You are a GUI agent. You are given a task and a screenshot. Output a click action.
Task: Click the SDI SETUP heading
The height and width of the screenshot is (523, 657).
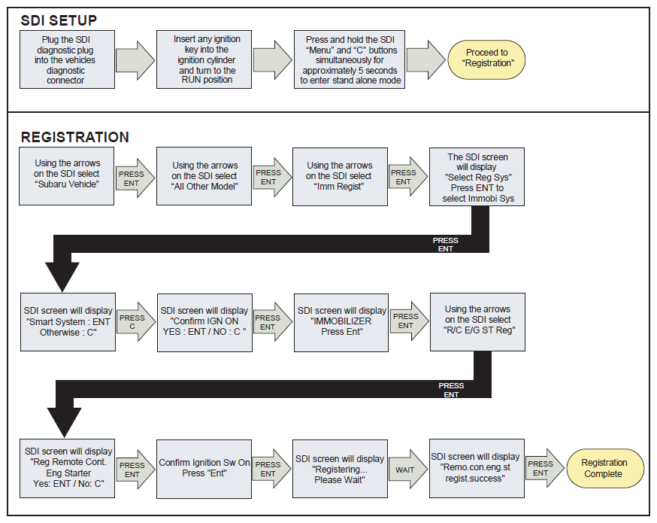(x=59, y=20)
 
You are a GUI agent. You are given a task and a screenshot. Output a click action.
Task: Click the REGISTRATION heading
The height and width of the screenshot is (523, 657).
(x=75, y=137)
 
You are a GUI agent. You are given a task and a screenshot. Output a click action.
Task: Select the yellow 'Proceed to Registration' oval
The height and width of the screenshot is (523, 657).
(x=486, y=59)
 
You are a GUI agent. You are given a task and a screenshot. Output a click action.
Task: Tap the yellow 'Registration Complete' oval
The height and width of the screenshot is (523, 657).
(x=605, y=469)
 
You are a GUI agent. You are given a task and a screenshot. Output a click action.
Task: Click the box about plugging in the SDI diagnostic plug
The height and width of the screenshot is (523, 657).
(x=67, y=59)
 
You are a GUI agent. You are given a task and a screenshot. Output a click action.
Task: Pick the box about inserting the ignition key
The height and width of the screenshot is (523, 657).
(x=204, y=59)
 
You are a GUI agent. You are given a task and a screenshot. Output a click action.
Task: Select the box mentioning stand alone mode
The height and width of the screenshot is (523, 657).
(x=350, y=59)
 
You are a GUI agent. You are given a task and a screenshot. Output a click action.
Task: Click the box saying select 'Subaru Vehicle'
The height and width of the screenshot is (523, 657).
(x=67, y=176)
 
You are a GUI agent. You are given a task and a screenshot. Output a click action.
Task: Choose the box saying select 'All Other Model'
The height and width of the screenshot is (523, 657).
(x=204, y=176)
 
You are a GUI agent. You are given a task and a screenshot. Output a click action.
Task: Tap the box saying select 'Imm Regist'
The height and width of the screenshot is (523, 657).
(x=340, y=177)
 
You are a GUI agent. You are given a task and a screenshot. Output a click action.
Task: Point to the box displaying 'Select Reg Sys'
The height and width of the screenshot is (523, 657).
(x=477, y=177)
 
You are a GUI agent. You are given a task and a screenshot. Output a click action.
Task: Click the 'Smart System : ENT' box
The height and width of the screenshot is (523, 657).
(x=68, y=322)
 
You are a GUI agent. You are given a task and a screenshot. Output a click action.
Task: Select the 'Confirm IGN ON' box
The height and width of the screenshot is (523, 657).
(x=205, y=323)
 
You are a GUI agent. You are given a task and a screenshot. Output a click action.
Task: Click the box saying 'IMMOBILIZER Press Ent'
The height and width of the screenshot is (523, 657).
(x=341, y=323)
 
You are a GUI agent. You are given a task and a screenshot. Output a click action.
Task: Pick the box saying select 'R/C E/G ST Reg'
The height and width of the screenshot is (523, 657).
(x=477, y=322)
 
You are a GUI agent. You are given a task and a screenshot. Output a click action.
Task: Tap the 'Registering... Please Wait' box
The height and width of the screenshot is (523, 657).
(x=340, y=469)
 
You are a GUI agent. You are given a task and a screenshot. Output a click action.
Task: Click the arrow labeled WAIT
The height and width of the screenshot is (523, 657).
(x=407, y=470)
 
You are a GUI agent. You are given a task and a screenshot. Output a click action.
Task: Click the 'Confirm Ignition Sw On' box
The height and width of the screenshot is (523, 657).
(x=204, y=469)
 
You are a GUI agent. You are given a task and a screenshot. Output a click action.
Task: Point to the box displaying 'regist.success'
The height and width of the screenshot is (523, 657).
(x=477, y=469)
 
